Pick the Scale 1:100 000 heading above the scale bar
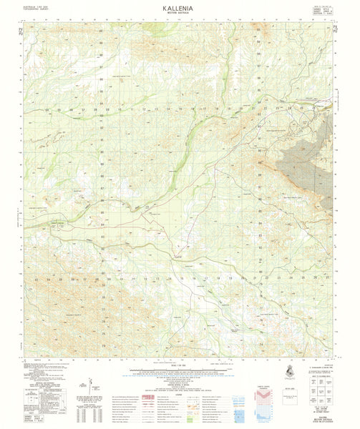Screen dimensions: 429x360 coord(179,367)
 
